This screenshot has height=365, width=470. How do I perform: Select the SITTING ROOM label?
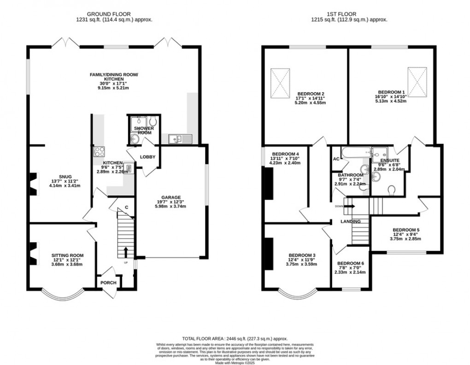click(67, 255)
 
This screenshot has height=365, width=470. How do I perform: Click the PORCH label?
click(108, 282)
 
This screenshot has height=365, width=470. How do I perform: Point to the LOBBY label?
click(148, 157)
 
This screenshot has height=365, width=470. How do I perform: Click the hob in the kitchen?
click(99, 152)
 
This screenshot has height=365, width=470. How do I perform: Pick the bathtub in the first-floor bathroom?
click(355, 152)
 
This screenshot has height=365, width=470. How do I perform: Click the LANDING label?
click(350, 221)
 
